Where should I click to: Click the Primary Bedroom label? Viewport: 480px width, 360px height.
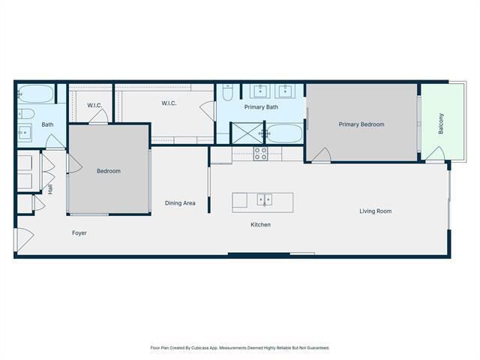tap(361, 124)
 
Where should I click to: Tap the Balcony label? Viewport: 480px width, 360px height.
tap(441, 123)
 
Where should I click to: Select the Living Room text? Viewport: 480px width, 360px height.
tap(375, 211)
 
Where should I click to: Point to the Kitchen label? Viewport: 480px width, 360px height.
tap(260, 225)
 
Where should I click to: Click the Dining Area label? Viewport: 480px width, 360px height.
tap(180, 203)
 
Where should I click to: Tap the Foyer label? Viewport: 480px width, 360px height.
tap(79, 233)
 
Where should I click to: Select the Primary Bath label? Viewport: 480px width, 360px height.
tap(261, 107)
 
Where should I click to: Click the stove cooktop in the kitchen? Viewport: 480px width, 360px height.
tap(260, 154)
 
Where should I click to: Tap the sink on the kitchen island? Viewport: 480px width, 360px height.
tap(263, 199)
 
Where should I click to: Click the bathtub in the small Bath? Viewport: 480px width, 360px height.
tap(35, 94)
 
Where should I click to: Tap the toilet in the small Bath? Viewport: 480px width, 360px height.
tap(24, 114)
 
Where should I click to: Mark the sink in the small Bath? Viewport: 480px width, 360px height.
tap(25, 133)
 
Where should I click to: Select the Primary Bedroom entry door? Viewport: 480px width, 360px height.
tap(320, 155)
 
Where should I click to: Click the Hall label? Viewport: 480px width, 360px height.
tap(50, 190)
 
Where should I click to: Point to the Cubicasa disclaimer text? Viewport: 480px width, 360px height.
tap(240, 348)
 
